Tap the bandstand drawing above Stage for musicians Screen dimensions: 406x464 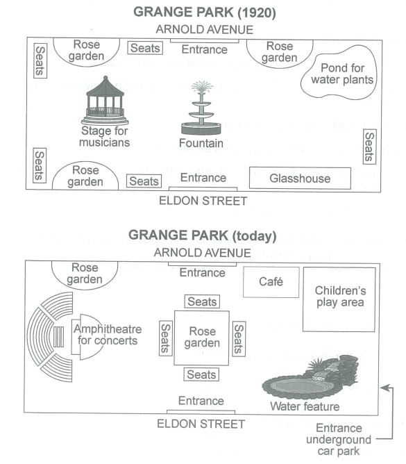point(105,101)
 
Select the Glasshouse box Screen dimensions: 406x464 point(300,178)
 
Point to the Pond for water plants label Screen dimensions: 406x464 point(342,74)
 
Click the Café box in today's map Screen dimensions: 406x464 point(271,282)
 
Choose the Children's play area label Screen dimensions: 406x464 point(340,297)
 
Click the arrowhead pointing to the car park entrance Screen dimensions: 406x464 point(384,388)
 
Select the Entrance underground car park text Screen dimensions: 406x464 point(339,440)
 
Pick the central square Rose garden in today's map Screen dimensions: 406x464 point(202,338)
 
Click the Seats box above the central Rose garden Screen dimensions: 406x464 point(202,301)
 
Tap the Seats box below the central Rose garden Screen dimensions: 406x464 point(201,374)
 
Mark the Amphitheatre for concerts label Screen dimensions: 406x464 point(108,335)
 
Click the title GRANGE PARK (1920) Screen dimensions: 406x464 point(205,13)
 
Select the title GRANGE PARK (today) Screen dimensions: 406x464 point(203,236)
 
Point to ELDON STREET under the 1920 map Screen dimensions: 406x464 point(203,201)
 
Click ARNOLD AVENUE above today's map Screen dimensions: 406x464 point(202,253)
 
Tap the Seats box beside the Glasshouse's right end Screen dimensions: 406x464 point(370,147)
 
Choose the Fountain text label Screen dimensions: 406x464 point(201,143)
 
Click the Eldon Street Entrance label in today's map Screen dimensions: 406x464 point(201,401)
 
